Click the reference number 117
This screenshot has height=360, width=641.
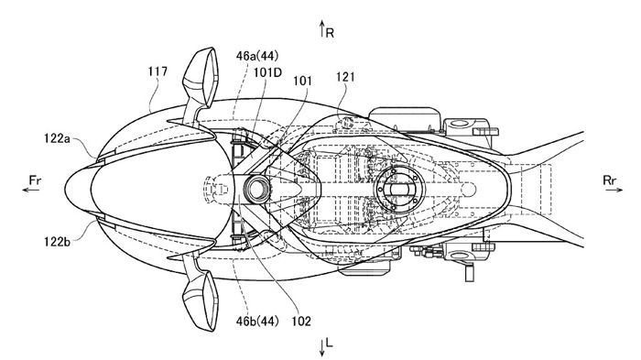pyautogui.click(x=158, y=71)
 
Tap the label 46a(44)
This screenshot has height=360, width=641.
pyautogui.click(x=257, y=56)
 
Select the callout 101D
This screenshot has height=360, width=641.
pyautogui.click(x=267, y=72)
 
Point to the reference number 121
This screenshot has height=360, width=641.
pyautogui.click(x=345, y=77)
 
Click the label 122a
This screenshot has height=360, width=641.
pyautogui.click(x=57, y=138)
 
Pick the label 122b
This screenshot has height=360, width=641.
pyautogui.click(x=57, y=242)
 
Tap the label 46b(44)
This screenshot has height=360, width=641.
pyautogui.click(x=257, y=322)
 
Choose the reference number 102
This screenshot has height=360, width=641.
pyautogui.click(x=301, y=322)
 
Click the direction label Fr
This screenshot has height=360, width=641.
pyautogui.click(x=35, y=180)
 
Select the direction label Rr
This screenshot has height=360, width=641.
pyautogui.click(x=610, y=180)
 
